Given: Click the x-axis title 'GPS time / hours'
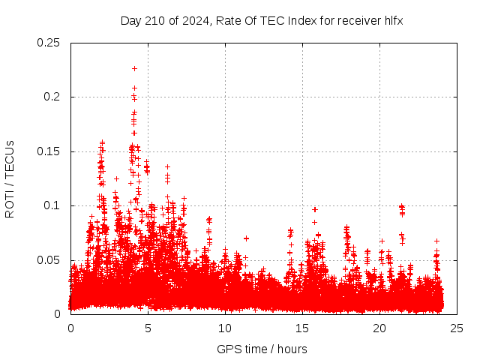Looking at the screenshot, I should pyautogui.click(x=262, y=349).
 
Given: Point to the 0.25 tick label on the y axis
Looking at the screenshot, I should pyautogui.click(x=49, y=43).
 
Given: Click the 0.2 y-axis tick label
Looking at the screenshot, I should pyautogui.click(x=52, y=97).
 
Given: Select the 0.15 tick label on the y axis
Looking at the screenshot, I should pyautogui.click(x=49, y=151).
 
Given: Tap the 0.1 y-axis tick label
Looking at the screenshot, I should pyautogui.click(x=52, y=205).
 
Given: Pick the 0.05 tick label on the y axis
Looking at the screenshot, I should pyautogui.click(x=49, y=260).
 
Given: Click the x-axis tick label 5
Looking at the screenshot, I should pyautogui.click(x=148, y=328).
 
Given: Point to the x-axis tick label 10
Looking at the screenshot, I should pyautogui.click(x=225, y=328).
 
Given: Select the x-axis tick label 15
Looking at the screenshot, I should pyautogui.click(x=302, y=328).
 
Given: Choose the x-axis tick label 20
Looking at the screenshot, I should pyautogui.click(x=379, y=328).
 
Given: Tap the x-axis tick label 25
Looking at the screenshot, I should pyautogui.click(x=457, y=328).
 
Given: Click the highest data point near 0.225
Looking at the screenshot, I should pyautogui.click(x=134, y=68).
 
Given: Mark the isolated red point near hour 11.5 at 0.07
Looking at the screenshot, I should pyautogui.click(x=246, y=238).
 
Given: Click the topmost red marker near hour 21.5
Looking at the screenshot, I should pyautogui.click(x=401, y=205).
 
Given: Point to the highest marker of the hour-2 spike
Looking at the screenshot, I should pyautogui.click(x=102, y=141).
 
